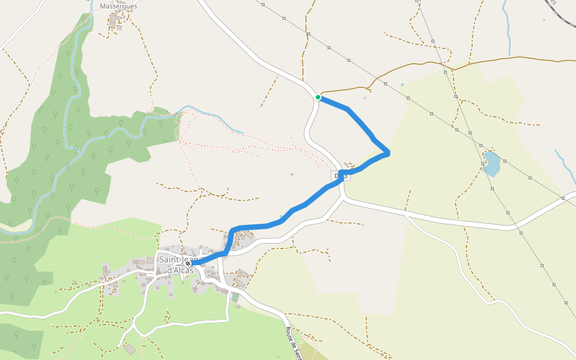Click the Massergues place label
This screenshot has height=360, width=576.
point(118,6)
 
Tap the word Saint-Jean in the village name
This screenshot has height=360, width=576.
point(173,259)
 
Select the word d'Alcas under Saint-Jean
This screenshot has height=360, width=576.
point(179,270)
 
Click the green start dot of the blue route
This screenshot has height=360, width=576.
point(318,97)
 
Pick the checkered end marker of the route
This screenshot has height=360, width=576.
point(188,263)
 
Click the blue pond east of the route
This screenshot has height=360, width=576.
point(491,164)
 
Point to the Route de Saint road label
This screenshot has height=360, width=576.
point(293,343)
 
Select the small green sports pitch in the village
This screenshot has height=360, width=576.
point(235,296)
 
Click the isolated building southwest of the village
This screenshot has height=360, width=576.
point(130,349)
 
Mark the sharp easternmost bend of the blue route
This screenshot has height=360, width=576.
point(389,153)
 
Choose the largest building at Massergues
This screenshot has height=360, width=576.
point(113,22)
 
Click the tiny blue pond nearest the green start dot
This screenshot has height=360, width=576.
point(364,97)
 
